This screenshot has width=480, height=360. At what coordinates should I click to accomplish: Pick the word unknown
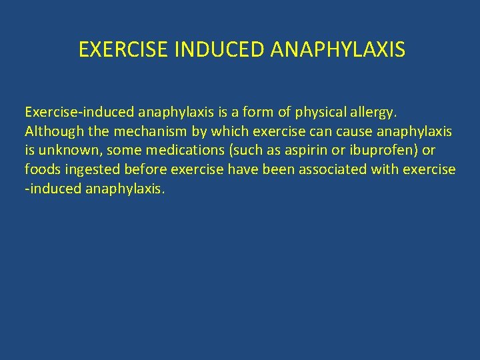[x=67, y=150]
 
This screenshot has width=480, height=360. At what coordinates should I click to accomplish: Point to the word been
[x=277, y=169]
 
